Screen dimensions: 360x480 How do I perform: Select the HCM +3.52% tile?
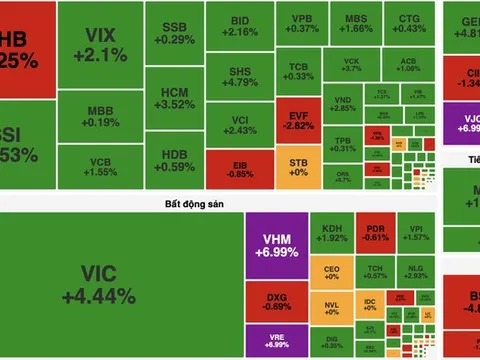[x=175, y=98]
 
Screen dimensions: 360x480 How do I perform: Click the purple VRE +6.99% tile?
[x=274, y=342]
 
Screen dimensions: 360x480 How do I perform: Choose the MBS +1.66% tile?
[x=355, y=26]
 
